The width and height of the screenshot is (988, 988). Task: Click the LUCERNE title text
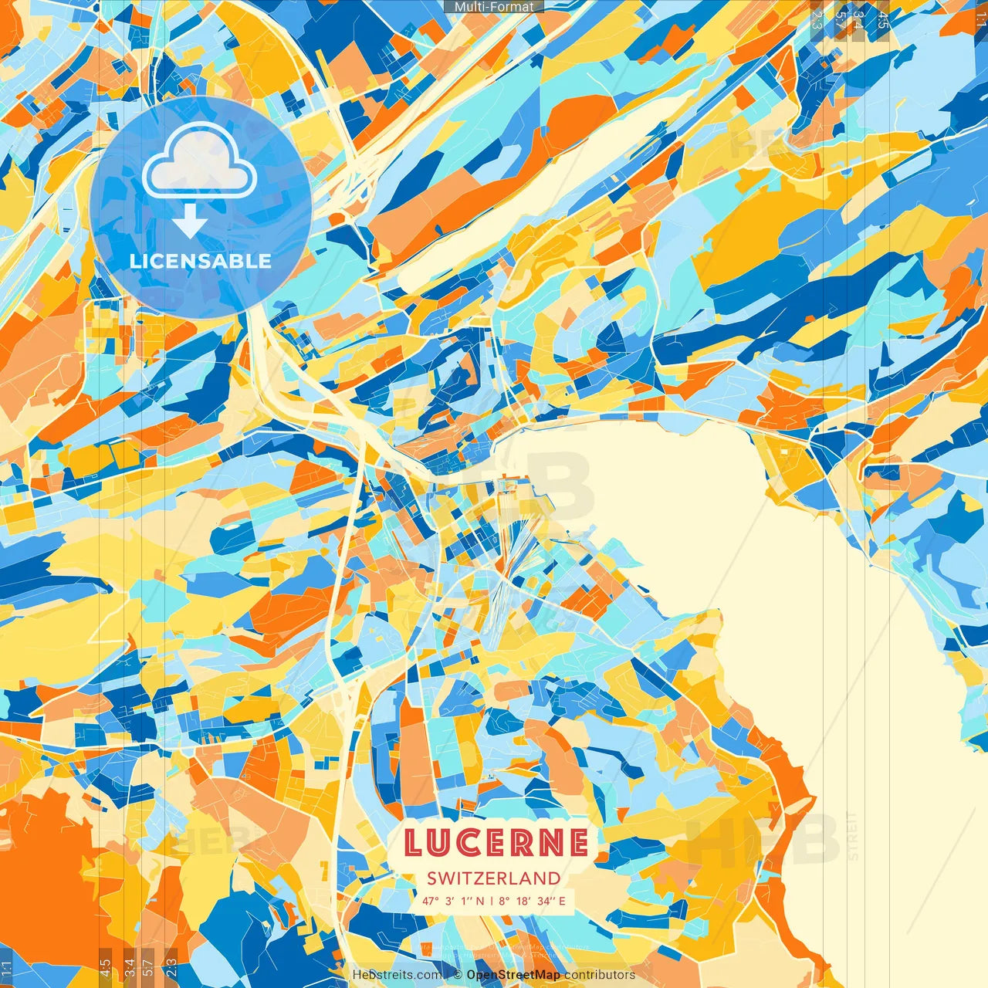pyautogui.click(x=496, y=843)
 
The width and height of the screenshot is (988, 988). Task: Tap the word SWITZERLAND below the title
pyautogui.click(x=494, y=878)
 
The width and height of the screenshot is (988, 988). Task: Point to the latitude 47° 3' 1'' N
pyautogui.click(x=453, y=901)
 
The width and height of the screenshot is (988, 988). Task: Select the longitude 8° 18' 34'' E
pyautogui.click(x=531, y=901)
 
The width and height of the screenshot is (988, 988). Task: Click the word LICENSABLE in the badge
pyautogui.click(x=201, y=261)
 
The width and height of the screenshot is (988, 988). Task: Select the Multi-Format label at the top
pyautogui.click(x=494, y=6)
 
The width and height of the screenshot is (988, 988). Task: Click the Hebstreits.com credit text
pyautogui.click(x=398, y=975)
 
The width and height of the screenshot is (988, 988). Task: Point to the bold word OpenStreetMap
pyautogui.click(x=513, y=975)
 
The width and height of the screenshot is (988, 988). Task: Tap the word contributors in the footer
pyautogui.click(x=600, y=975)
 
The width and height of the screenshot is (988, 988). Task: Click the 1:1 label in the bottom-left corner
pyautogui.click(x=7, y=968)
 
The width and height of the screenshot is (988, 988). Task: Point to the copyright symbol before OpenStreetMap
pyautogui.click(x=458, y=975)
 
